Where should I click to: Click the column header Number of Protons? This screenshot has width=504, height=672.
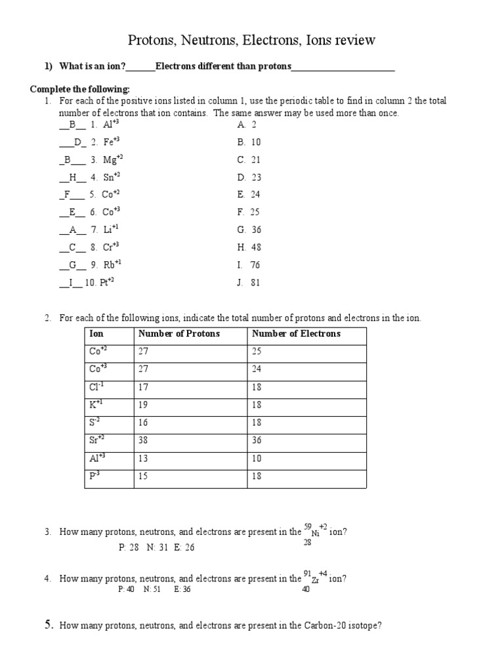point(178,333)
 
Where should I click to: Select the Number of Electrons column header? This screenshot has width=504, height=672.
point(296,333)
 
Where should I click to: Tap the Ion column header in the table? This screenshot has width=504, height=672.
point(96,333)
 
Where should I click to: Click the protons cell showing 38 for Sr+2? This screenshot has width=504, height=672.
point(144,440)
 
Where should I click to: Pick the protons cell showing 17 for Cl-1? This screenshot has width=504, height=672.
point(144,387)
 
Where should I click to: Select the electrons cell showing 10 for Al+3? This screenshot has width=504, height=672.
point(256,458)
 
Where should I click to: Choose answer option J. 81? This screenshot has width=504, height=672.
point(249,283)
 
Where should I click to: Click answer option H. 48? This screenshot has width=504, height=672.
point(249,248)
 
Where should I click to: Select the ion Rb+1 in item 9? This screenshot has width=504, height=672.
point(112,265)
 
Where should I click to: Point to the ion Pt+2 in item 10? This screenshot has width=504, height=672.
point(112,283)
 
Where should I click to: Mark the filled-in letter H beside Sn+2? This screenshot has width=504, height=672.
point(72,177)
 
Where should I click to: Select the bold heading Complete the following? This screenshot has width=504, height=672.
point(80,89)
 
